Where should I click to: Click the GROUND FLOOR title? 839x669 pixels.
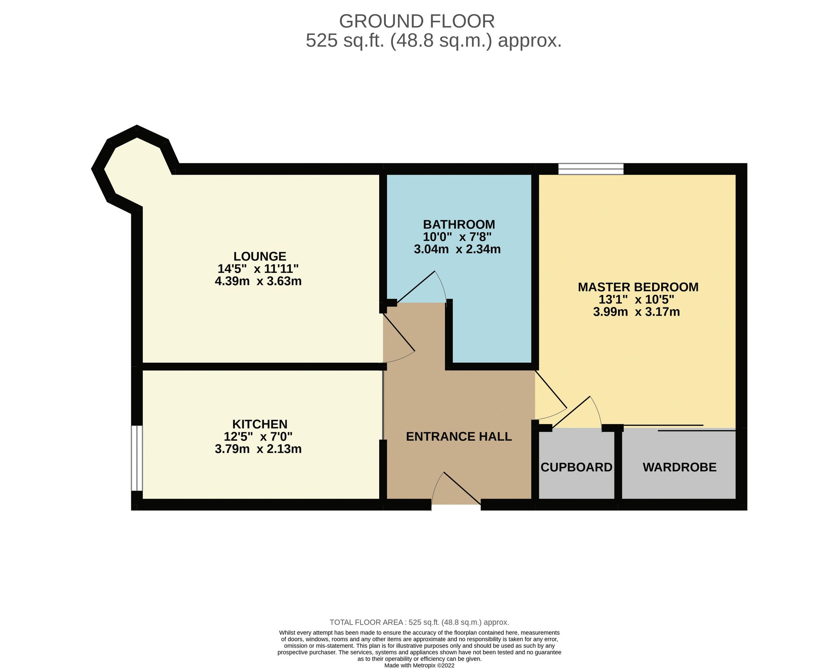point(417,22)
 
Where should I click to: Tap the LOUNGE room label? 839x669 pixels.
point(259,256)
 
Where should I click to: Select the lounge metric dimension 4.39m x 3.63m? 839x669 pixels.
point(258,281)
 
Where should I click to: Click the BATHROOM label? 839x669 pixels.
point(459,224)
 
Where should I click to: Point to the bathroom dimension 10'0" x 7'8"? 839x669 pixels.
point(457,237)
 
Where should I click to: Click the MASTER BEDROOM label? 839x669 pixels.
point(638,287)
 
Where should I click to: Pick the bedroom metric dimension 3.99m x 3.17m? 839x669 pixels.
point(636,312)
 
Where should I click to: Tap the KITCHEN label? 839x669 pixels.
point(259,424)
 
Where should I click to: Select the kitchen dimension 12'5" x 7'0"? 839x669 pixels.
point(258,437)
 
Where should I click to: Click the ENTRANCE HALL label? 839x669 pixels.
point(459,437)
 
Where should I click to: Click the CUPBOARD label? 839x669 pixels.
point(576,467)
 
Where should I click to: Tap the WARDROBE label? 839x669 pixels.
point(680,467)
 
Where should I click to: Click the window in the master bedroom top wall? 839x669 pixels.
point(591,169)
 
